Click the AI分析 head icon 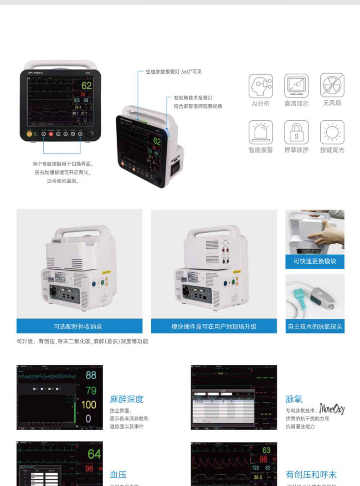[261, 86]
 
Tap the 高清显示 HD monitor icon [296, 86]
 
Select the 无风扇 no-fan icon [332, 86]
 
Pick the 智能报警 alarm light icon [261, 132]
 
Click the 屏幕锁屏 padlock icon [296, 132]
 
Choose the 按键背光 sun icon [332, 132]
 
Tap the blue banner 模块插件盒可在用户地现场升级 [214, 326]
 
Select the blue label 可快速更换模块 [315, 261]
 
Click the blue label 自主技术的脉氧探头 [315, 326]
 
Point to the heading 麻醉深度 [127, 399]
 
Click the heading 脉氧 [294, 399]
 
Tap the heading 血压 [118, 475]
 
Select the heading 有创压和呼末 [311, 475]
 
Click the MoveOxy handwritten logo [332, 408]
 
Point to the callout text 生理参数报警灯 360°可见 [173, 72]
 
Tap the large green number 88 [91, 375]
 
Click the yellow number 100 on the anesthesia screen [89, 404]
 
